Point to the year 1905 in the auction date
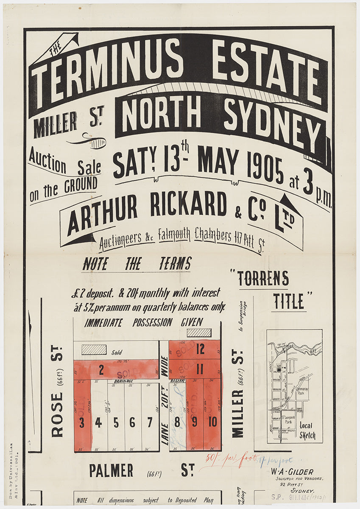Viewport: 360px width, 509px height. pyautogui.click(x=265, y=168)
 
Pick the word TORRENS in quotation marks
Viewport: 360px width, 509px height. pyautogui.click(x=262, y=279)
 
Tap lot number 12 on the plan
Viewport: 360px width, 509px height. pyautogui.click(x=200, y=349)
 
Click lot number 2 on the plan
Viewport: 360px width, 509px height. pyautogui.click(x=101, y=370)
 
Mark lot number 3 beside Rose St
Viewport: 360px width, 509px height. pyautogui.click(x=82, y=423)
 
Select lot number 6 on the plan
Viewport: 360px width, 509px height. pyautogui.click(x=132, y=422)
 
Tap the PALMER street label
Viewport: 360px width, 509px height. pyautogui.click(x=111, y=470)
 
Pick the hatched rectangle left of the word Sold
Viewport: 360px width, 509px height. pyautogui.click(x=94, y=350)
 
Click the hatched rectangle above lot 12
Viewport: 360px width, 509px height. pyautogui.click(x=199, y=333)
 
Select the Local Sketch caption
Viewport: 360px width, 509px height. pyautogui.click(x=307, y=431)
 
